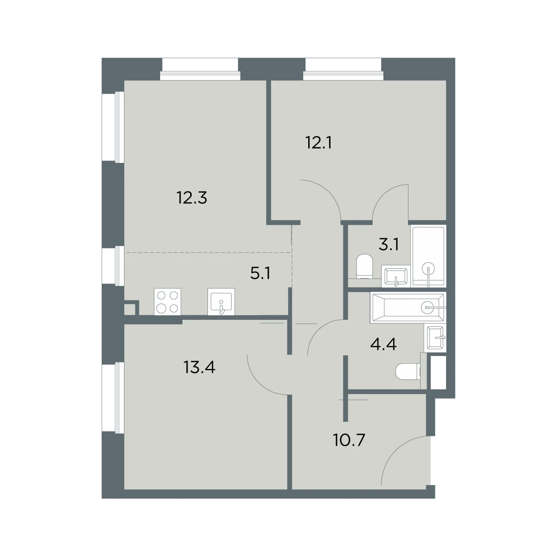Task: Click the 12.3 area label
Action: [x=192, y=198]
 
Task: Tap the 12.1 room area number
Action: [x=318, y=143]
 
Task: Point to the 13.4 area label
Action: [x=200, y=368]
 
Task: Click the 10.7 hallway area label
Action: [x=349, y=440]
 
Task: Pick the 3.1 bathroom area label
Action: [x=389, y=245]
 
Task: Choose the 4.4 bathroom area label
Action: [x=383, y=344]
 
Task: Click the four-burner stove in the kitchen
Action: [x=168, y=302]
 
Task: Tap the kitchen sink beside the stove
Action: [x=221, y=302]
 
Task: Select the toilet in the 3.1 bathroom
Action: [x=365, y=266]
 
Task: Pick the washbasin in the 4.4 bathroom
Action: [x=435, y=337]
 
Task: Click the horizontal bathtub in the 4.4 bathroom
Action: [x=408, y=308]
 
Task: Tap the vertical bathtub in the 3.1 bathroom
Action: [x=428, y=257]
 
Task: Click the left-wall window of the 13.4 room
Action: [x=113, y=399]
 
